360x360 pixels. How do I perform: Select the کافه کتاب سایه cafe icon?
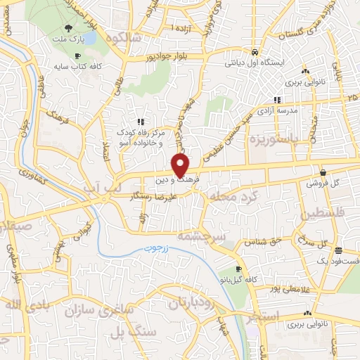77,56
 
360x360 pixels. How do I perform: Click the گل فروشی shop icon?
322,172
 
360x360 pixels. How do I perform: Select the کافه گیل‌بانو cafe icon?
238,269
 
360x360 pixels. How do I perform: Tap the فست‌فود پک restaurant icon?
338,250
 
